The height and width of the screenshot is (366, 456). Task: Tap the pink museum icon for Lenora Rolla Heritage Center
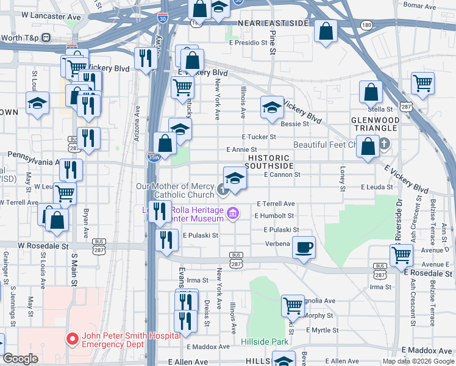(232, 213)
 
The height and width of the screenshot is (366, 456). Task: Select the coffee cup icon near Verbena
(304, 247)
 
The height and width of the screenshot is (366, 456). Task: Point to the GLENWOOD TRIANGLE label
(375, 125)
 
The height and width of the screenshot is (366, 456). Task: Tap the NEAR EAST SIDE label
(274, 23)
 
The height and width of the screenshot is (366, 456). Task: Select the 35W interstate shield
(154, 157)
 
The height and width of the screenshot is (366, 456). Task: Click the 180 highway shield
(366, 25)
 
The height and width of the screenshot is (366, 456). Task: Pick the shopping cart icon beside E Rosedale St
(401, 254)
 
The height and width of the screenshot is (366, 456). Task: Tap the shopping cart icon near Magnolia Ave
(293, 304)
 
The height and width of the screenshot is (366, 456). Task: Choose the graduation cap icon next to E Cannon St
(235, 178)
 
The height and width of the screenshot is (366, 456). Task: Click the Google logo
(20, 359)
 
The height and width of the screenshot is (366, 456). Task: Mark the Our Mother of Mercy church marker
(223, 191)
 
